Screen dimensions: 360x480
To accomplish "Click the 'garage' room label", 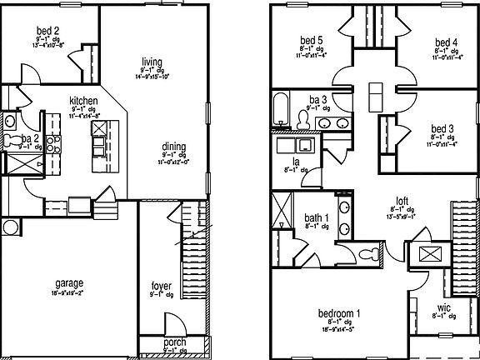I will click(69, 283).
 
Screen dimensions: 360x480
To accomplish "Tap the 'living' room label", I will click(151, 61).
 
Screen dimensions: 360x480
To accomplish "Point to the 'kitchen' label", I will click(84, 101).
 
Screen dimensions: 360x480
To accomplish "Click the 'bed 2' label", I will click(47, 34).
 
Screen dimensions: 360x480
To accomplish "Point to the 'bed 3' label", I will click(442, 129).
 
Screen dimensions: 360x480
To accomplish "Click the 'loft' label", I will click(402, 200).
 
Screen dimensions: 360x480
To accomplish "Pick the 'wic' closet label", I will click(443, 307).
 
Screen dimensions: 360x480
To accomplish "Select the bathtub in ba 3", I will click(282, 109).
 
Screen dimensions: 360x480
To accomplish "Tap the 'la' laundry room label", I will click(296, 161).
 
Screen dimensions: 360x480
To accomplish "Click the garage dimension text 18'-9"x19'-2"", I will click(69, 293).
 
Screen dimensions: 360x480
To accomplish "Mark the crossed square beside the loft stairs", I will click(430, 254).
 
